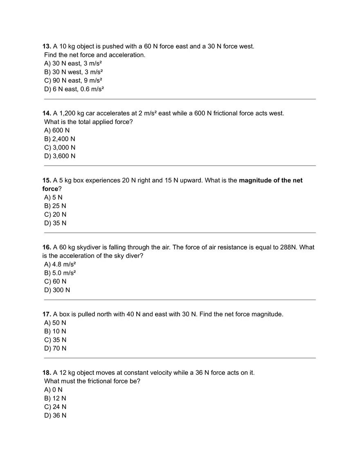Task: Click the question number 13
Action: point(47,46)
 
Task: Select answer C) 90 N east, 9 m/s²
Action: point(73,81)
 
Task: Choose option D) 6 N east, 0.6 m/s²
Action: point(74,89)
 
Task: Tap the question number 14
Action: point(47,113)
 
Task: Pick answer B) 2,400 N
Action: point(59,139)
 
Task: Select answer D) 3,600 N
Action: point(59,156)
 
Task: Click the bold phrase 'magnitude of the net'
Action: point(271,180)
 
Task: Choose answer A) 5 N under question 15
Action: point(53,198)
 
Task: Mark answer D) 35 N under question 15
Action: point(55,223)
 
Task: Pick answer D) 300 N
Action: point(57,290)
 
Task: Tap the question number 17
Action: point(47,315)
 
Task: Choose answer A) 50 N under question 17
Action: point(55,323)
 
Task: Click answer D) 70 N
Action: point(55,349)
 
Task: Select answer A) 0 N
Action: point(53,390)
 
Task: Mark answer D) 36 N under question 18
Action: point(55,416)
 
